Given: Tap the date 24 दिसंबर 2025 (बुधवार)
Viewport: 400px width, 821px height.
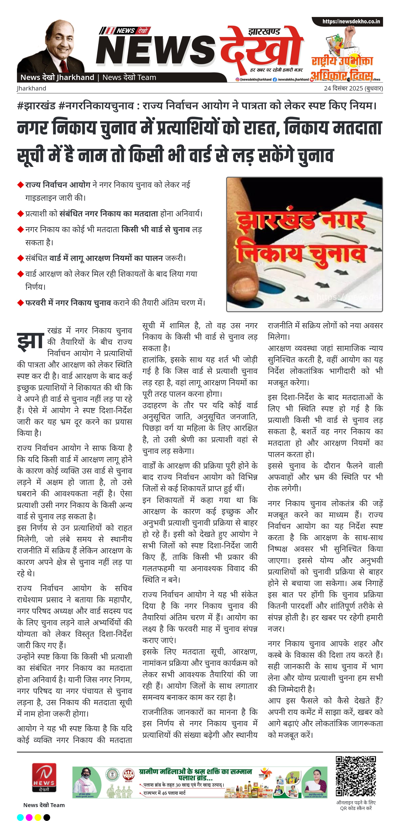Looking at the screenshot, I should (353, 88).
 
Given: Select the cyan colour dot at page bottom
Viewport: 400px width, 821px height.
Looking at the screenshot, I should (20, 817).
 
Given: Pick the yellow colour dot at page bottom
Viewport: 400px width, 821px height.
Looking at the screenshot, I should (38, 817).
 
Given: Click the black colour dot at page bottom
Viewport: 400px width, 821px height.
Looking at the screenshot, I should (47, 817).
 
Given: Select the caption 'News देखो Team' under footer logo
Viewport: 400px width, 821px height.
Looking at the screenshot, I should (44, 805).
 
